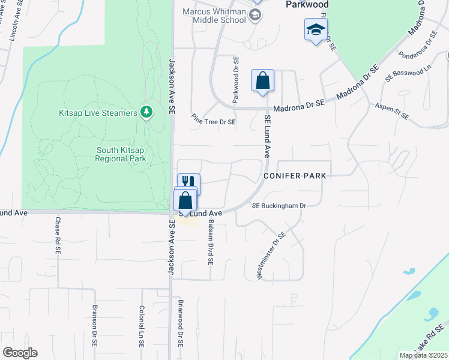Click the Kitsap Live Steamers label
tap(98, 113)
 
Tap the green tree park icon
tap(145, 112)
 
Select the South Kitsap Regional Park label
tap(121, 154)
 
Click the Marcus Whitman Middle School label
tap(215, 15)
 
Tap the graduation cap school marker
tap(316, 29)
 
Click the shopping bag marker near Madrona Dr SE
tap(262, 81)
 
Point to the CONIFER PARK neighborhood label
tap(294, 176)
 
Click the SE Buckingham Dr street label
tap(279, 206)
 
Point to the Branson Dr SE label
tap(95, 326)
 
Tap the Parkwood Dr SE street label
tap(236, 79)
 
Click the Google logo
tap(20, 353)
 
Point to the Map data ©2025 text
tap(424, 355)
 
